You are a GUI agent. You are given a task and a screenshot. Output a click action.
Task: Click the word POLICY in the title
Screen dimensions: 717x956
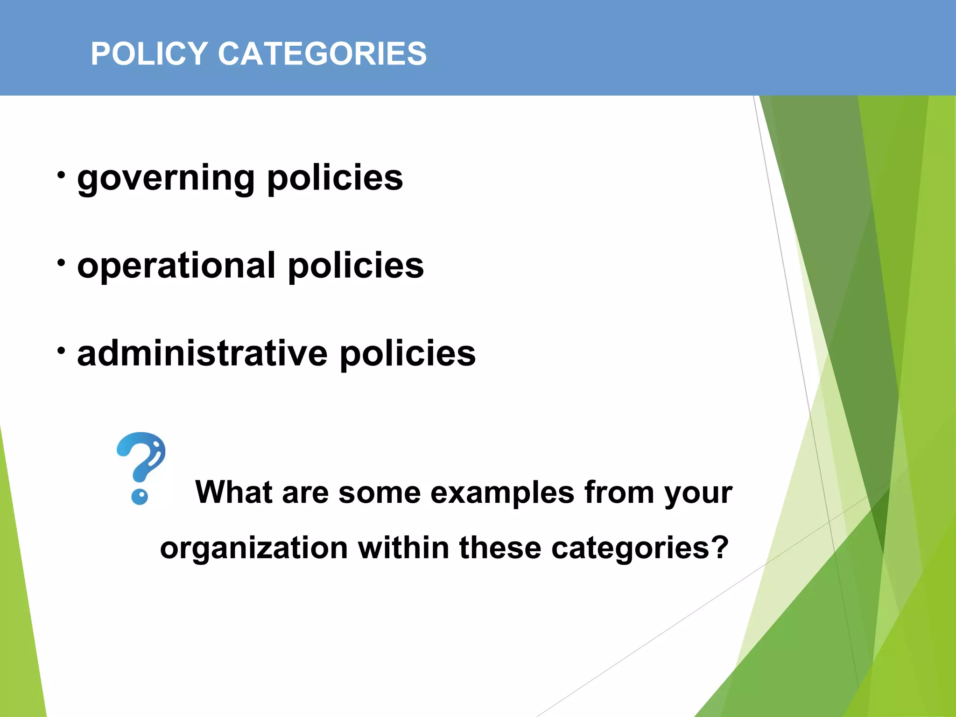[149, 54]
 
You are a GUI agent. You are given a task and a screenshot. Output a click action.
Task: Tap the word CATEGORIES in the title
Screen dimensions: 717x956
[322, 54]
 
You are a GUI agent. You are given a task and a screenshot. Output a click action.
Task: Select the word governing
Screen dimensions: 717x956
[166, 179]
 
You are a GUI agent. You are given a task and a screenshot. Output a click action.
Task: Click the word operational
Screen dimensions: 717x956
[176, 266]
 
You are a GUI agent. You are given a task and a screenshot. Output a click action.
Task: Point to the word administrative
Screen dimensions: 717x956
[203, 353]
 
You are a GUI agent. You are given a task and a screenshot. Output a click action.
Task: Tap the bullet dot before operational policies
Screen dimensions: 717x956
[61, 263]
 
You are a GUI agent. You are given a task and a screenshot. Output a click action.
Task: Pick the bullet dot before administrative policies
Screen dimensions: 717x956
[61, 351]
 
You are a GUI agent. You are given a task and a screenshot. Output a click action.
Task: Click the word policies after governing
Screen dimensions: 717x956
[335, 179]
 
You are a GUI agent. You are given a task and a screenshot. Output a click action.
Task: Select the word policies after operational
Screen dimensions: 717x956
[356, 266]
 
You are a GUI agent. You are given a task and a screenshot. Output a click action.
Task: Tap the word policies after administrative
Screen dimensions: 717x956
[408, 353]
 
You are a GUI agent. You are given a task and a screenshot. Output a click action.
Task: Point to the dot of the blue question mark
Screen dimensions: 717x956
[140, 497]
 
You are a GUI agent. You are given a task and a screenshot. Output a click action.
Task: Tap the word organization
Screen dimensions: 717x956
[254, 548]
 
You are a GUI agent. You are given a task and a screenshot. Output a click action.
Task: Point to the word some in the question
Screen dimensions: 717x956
[380, 493]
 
